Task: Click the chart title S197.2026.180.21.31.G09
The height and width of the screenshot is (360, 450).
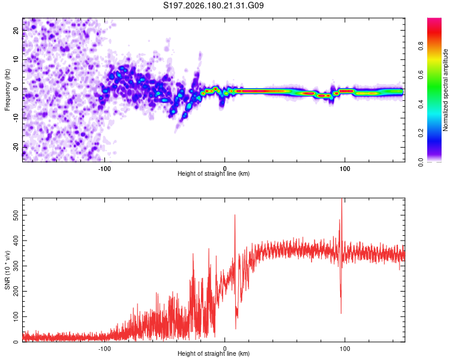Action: click(x=213, y=5)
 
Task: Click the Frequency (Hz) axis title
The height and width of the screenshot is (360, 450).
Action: click(x=7, y=90)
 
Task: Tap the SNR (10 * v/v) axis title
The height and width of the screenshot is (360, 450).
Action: click(x=7, y=270)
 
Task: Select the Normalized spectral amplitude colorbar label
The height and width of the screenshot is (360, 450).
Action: click(x=445, y=90)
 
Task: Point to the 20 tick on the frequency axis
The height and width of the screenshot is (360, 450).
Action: click(x=16, y=30)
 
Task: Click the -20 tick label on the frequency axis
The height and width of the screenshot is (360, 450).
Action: click(x=16, y=147)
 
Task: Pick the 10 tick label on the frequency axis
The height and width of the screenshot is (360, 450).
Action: click(x=16, y=59)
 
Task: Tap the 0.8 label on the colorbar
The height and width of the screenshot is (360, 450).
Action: click(x=421, y=46)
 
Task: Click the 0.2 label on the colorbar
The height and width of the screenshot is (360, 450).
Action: click(x=421, y=133)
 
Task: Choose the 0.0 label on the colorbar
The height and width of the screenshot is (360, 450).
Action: click(x=421, y=162)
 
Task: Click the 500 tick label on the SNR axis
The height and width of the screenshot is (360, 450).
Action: click(x=16, y=215)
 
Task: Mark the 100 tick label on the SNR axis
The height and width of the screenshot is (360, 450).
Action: click(x=16, y=317)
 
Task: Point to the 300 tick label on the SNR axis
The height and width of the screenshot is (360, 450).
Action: click(x=16, y=266)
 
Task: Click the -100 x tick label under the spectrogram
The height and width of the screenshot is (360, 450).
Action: click(x=104, y=169)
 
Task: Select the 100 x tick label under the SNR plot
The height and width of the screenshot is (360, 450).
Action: click(x=344, y=349)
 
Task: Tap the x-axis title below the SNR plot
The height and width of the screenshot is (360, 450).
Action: click(x=214, y=353)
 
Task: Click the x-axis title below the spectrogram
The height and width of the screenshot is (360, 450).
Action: click(x=214, y=173)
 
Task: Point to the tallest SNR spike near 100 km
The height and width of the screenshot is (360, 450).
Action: click(x=341, y=199)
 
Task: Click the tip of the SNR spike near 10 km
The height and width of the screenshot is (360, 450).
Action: click(x=235, y=215)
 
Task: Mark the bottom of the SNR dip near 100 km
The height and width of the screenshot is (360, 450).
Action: click(x=341, y=313)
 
